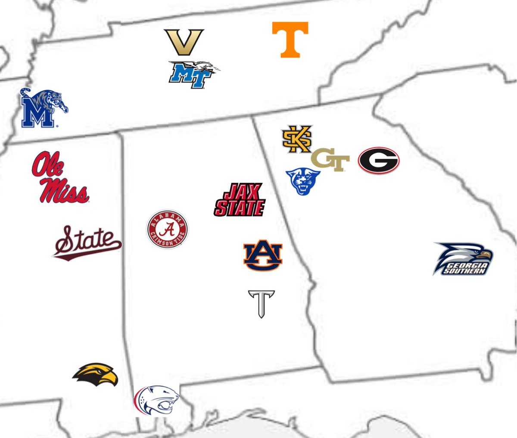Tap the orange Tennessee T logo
(x=290, y=39)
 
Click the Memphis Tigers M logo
(x=41, y=109)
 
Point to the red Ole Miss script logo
(x=59, y=177)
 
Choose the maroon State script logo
(x=87, y=242)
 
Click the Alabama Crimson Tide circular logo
(x=168, y=230)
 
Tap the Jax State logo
(x=240, y=200)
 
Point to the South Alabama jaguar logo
(x=157, y=400)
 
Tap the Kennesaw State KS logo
(x=297, y=139)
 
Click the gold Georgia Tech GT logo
(x=330, y=160)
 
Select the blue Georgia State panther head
(x=303, y=182)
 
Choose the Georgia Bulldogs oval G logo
(x=379, y=161)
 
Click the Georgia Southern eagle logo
(x=463, y=258)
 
